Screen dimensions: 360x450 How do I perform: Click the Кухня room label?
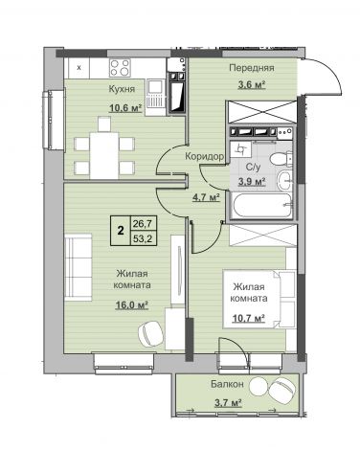point(122,89)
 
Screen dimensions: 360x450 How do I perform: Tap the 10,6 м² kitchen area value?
point(125,108)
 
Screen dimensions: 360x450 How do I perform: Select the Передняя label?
point(252,68)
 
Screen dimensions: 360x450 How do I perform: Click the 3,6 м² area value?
point(252,85)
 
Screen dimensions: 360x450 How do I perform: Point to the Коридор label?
point(205,156)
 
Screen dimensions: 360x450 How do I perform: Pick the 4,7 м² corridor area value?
point(206,197)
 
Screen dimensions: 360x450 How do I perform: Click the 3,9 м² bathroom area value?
point(253,182)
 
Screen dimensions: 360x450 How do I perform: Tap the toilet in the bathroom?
point(281,158)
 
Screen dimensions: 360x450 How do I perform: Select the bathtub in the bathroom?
point(261,205)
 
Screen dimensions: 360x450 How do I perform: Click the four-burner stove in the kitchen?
point(120,68)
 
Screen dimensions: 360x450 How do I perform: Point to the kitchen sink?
point(156,97)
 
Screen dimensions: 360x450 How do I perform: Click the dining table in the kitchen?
point(104,155)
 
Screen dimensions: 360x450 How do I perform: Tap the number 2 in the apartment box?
point(121,230)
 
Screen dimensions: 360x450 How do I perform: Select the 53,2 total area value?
point(143,238)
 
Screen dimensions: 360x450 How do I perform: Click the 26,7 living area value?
point(143,224)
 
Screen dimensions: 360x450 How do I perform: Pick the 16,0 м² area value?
point(132,305)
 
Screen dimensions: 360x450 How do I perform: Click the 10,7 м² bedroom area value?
point(249,318)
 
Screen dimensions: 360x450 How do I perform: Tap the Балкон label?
point(228,384)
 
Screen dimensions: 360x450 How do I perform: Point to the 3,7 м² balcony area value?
point(228,402)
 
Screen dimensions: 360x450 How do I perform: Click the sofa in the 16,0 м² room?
point(79,267)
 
